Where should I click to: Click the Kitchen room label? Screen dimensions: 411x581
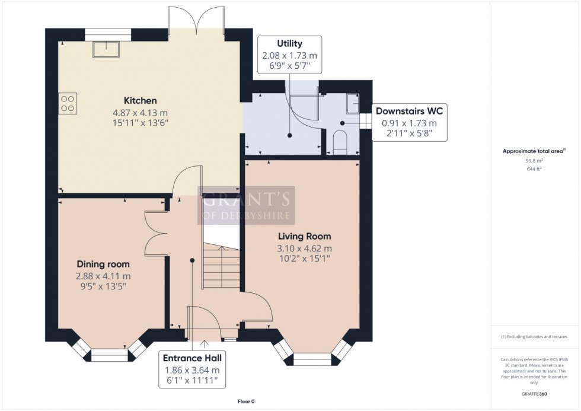click(140, 100)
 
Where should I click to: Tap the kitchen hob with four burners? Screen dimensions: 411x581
click(68, 103)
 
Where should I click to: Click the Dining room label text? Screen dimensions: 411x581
click(103, 264)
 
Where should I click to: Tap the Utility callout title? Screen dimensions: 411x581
click(290, 43)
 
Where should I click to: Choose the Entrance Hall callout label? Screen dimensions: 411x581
click(192, 358)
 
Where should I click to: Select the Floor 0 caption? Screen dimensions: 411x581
click(245, 402)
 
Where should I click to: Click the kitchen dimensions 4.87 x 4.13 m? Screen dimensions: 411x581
click(140, 113)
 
